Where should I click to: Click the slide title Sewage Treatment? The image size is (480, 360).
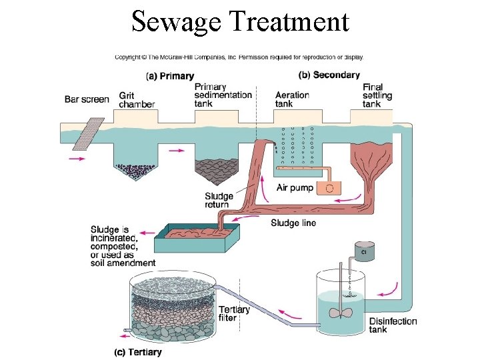240,21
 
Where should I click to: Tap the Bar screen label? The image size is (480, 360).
87,100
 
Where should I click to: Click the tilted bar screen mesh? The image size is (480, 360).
85,135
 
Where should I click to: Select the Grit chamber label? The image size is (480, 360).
137,100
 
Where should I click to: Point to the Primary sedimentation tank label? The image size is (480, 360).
223,95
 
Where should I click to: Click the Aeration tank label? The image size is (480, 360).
292,99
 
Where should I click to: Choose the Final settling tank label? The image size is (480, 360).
377,95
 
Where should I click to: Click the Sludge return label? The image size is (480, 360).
219,200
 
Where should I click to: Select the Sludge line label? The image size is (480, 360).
294,223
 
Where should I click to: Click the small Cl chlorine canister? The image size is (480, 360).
364,251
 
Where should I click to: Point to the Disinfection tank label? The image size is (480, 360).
393,325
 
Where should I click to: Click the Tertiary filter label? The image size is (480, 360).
234,313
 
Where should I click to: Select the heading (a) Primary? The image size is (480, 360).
169,76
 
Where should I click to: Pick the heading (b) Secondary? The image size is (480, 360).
329,75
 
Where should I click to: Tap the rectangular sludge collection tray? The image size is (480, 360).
197,237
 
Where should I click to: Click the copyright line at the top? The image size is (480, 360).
239,57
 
